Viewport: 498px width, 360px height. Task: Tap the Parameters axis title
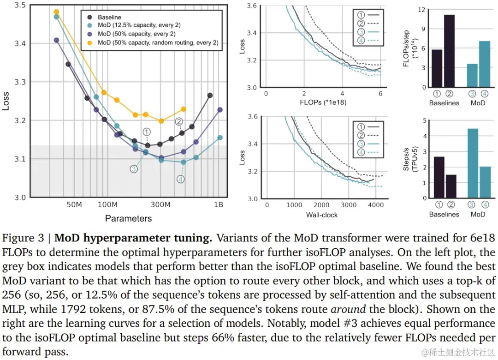[x=128, y=218]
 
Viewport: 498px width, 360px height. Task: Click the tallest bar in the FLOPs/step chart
[x=450, y=51]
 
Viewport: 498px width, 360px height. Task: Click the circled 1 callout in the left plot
[x=147, y=132]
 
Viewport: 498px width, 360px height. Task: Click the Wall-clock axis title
[x=322, y=215]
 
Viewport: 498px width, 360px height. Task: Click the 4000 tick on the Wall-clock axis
[x=377, y=205]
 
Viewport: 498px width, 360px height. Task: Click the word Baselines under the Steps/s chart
[x=444, y=214]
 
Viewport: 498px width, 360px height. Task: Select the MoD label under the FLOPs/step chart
[x=478, y=103]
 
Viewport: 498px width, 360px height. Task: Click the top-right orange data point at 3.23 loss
[x=184, y=109]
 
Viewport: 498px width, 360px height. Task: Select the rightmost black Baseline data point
[x=210, y=95]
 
